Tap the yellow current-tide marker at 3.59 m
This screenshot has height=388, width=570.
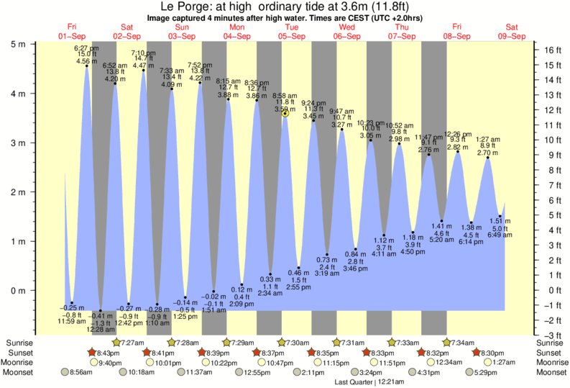point(285,113)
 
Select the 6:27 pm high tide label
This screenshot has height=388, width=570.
point(86,48)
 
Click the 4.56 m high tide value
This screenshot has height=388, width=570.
point(86,62)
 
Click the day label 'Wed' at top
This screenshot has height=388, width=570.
point(346,27)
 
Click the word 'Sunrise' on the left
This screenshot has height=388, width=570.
point(19,342)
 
